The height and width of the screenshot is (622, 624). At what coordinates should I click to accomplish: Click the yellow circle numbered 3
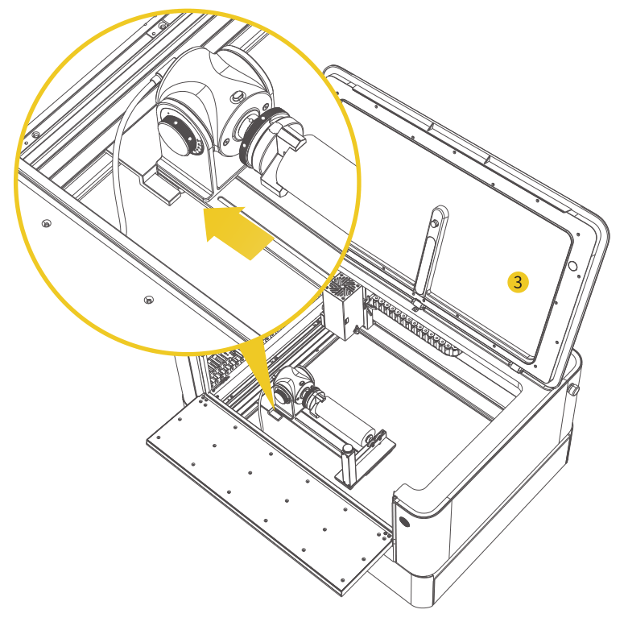click(x=518, y=282)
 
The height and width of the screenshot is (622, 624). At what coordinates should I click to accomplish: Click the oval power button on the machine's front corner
click(x=404, y=521)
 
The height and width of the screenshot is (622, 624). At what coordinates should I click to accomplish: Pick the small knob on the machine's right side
click(x=574, y=389)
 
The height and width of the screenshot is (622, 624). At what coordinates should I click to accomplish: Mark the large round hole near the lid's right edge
click(x=572, y=266)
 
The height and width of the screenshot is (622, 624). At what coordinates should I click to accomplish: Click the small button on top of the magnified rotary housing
click(x=238, y=96)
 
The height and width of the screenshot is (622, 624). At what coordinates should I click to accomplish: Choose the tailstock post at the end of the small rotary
click(x=349, y=465)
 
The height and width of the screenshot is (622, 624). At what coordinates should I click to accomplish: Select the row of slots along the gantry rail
click(x=413, y=323)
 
